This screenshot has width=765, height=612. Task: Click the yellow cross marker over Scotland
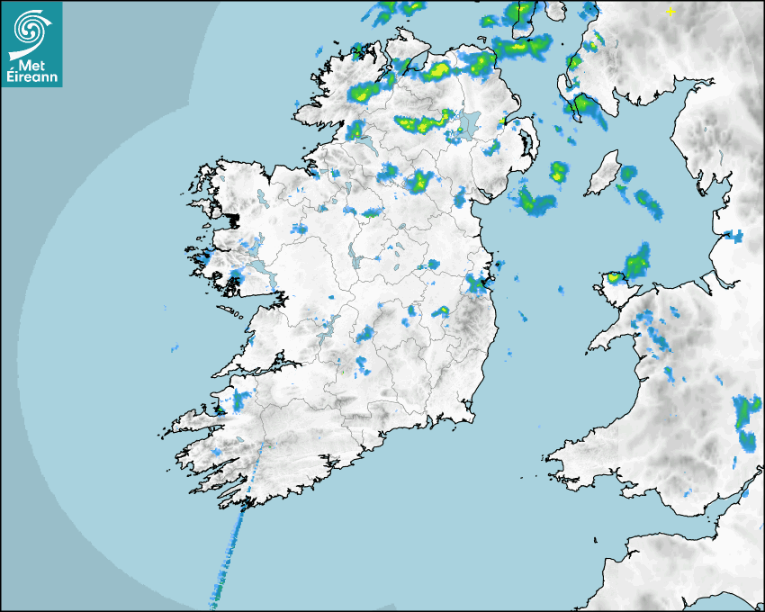670,11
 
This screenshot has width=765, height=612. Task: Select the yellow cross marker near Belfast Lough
502,121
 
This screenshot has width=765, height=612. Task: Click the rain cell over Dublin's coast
475,285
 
